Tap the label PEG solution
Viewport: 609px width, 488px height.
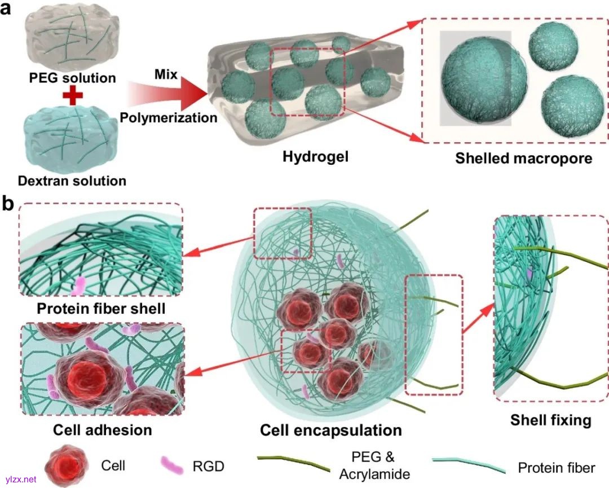(x=72, y=78)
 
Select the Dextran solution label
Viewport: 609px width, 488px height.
(x=72, y=181)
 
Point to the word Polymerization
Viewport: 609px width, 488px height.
(x=169, y=118)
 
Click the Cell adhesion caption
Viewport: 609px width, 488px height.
(x=103, y=430)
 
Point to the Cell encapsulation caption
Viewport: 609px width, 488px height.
(x=331, y=430)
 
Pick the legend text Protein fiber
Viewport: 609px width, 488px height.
(x=556, y=467)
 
